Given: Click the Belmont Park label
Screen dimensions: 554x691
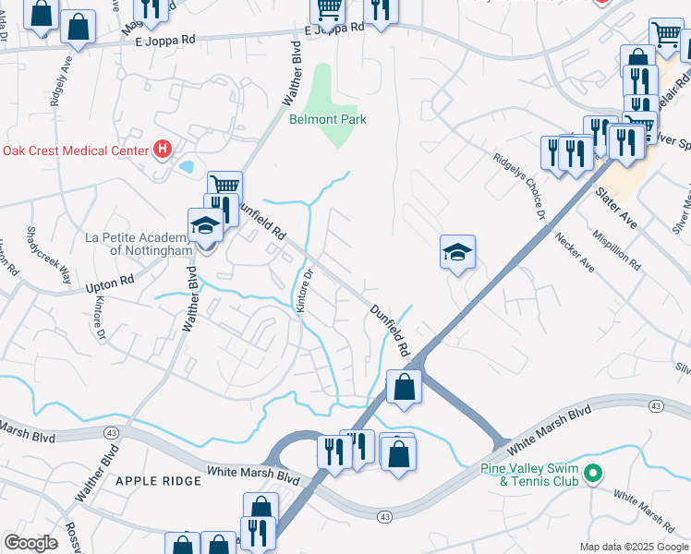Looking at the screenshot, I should pyautogui.click(x=328, y=119).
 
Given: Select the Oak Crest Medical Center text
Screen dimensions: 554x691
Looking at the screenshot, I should pyautogui.click(x=75, y=151).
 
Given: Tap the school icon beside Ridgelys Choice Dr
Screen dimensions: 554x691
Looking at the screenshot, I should pyautogui.click(x=457, y=253).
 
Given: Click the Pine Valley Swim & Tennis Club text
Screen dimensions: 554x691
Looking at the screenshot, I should pyautogui.click(x=529, y=475).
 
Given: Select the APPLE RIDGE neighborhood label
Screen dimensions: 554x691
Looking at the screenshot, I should pyautogui.click(x=158, y=481).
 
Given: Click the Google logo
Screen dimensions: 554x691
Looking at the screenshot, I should pyautogui.click(x=30, y=543).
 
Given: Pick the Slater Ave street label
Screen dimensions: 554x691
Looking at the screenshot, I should pyautogui.click(x=616, y=210).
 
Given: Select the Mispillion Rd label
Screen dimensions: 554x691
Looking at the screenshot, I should pyautogui.click(x=617, y=248).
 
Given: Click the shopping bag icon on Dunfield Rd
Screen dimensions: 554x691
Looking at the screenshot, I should pyautogui.click(x=404, y=386).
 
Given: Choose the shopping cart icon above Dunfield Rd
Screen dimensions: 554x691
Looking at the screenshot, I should pyautogui.click(x=224, y=186).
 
